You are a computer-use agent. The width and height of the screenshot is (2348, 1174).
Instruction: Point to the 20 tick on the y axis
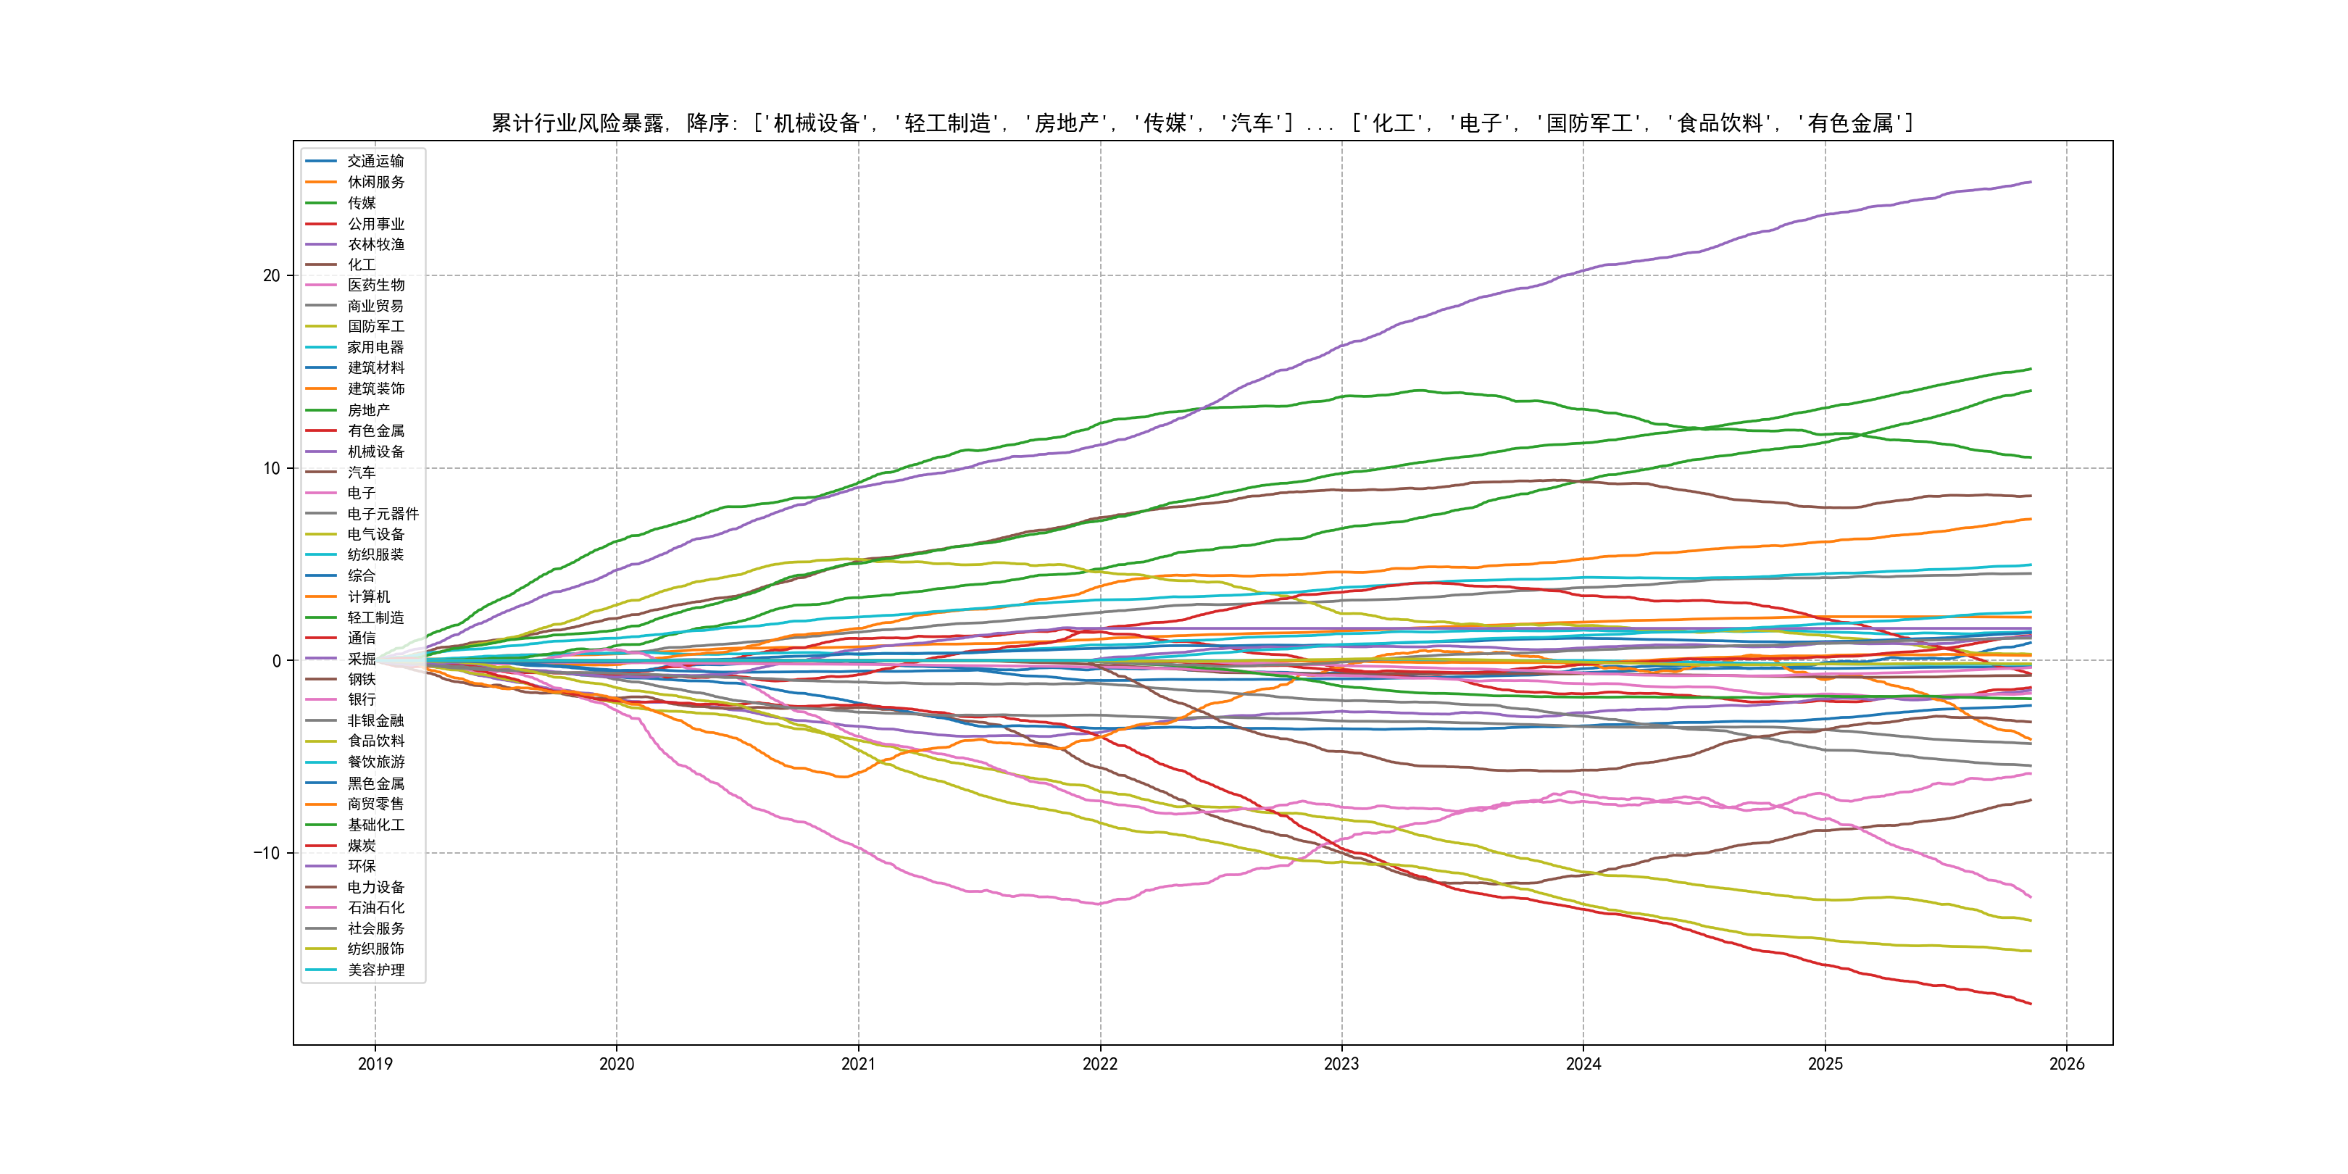[x=272, y=275]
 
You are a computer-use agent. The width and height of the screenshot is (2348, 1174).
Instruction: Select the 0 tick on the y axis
[x=276, y=661]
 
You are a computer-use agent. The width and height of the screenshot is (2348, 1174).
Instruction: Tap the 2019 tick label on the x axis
[x=375, y=1064]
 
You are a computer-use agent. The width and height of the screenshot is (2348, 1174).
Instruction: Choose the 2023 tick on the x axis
[x=1341, y=1064]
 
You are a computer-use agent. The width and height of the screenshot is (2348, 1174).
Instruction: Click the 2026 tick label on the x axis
[x=2066, y=1064]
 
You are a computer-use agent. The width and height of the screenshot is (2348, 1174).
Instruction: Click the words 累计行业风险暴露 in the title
[x=578, y=123]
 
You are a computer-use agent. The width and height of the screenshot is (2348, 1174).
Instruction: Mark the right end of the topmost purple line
[x=2031, y=183]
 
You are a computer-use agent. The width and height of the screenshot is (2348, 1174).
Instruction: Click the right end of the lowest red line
[x=2031, y=1004]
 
